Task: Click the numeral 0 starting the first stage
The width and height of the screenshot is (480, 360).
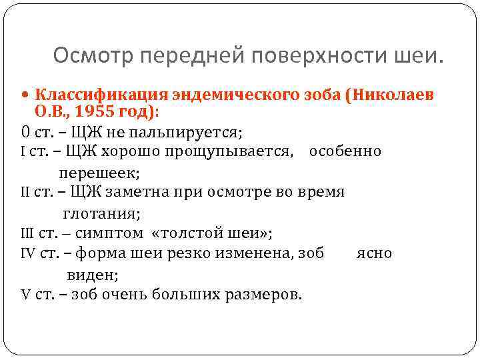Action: [x=25, y=130]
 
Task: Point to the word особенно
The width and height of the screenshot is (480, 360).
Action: [x=345, y=151]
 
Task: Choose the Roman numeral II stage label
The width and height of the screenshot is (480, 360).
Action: [x=26, y=192]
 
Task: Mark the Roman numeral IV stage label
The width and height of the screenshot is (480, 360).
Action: [x=28, y=253]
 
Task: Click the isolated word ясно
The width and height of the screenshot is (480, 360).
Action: [x=374, y=253]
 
